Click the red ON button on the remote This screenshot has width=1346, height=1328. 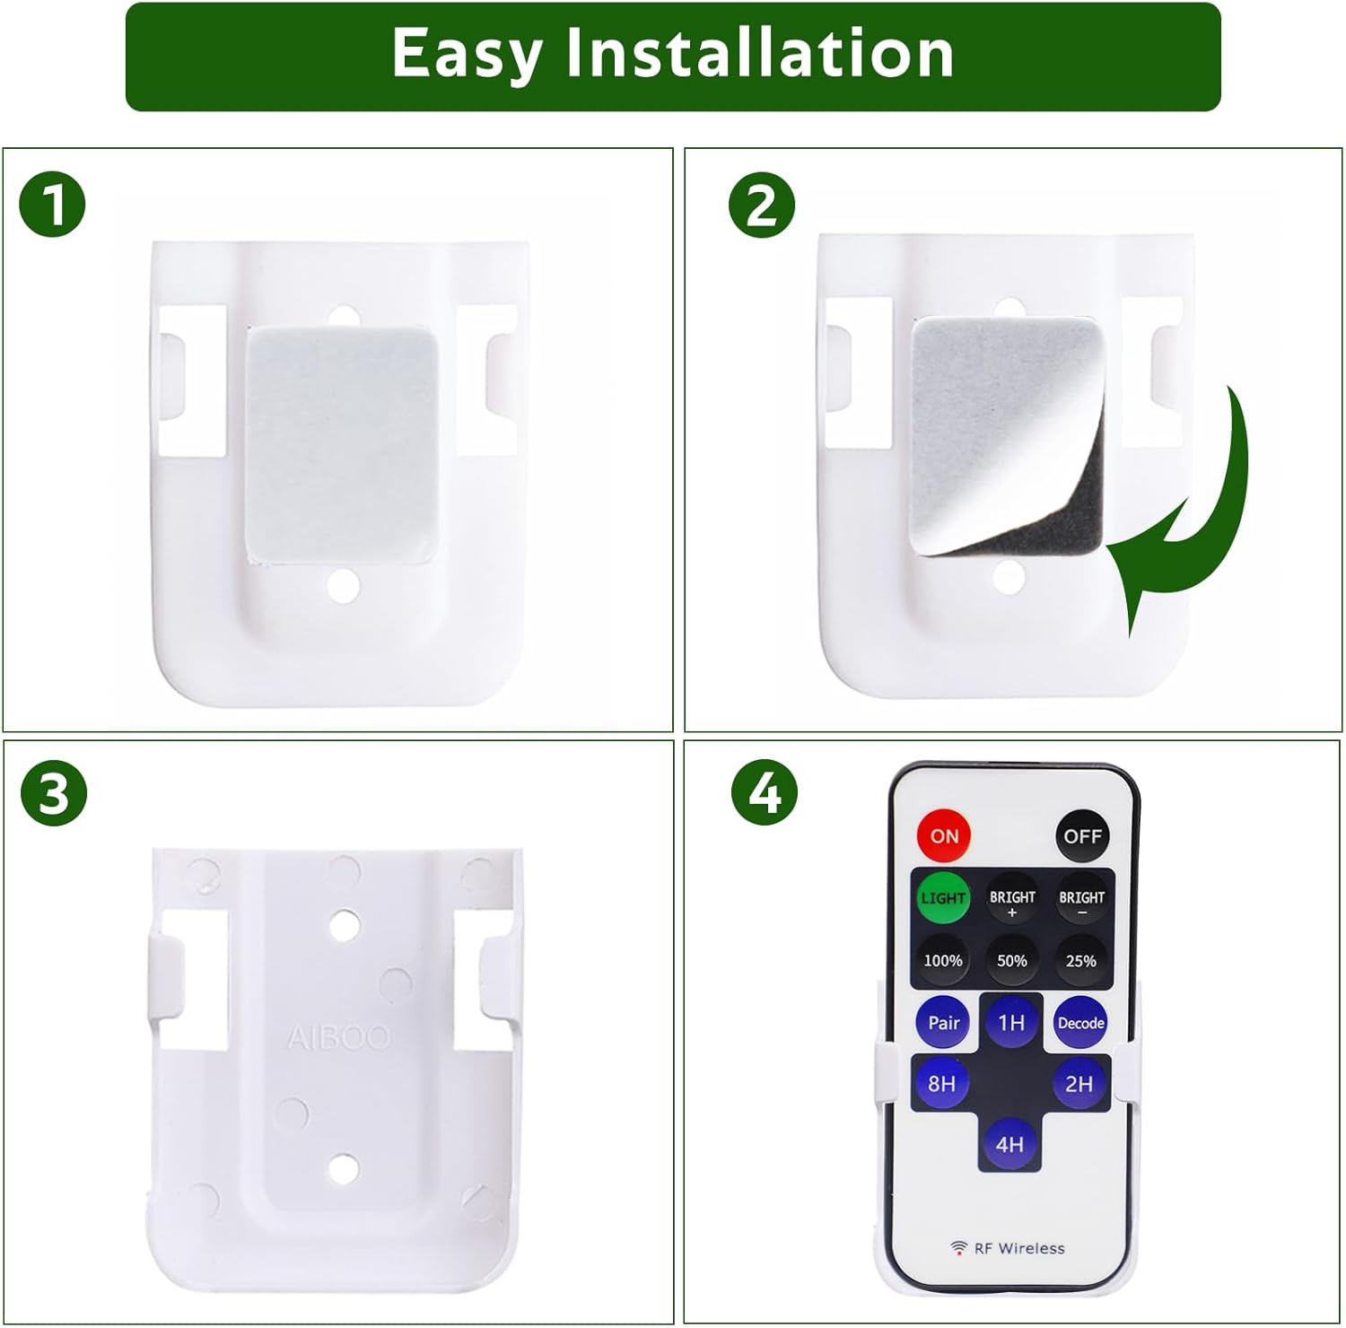click(943, 835)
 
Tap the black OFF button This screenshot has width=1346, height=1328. click(1082, 835)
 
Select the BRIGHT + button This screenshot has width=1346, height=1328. click(1012, 900)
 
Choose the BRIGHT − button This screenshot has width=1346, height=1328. click(1081, 900)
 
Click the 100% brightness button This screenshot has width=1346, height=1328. click(943, 960)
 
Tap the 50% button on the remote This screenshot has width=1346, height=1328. click(1012, 960)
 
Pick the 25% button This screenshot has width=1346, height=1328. click(1081, 960)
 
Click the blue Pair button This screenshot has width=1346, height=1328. click(943, 1023)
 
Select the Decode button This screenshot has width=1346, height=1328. click(1080, 1023)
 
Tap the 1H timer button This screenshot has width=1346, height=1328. click(1011, 1023)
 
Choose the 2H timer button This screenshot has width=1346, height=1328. click(1079, 1084)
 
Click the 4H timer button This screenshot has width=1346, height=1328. click(1009, 1144)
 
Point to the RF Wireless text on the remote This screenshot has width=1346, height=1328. click(1018, 1248)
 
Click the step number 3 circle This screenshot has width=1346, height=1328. click(54, 793)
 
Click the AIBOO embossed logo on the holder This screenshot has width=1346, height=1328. click(338, 1038)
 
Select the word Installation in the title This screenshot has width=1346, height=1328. click(759, 54)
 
